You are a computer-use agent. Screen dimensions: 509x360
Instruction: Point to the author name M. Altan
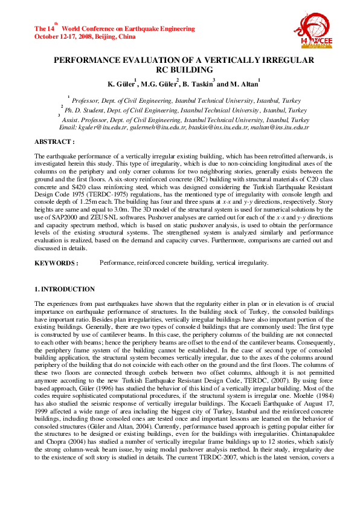pos(244,83)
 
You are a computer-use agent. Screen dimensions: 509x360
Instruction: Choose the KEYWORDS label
pos(56,263)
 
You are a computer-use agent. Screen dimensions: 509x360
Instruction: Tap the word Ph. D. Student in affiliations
pos(85,111)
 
